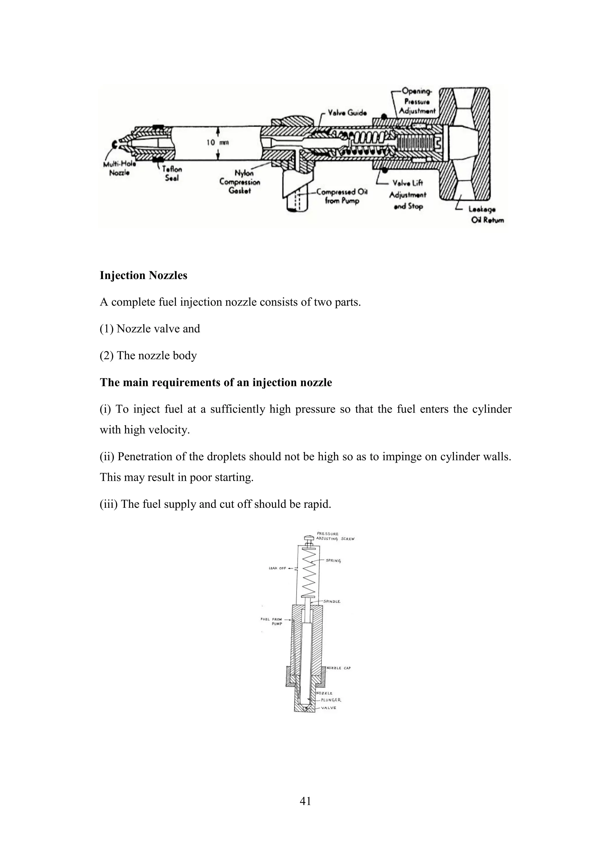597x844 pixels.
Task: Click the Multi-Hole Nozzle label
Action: point(120,169)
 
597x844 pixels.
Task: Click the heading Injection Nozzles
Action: point(143,275)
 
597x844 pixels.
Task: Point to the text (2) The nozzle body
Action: point(148,356)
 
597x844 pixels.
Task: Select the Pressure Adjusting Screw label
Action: point(335,536)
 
